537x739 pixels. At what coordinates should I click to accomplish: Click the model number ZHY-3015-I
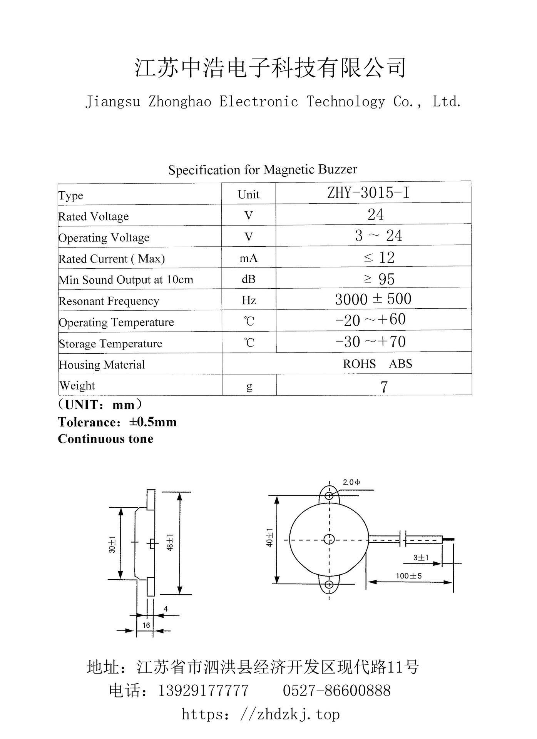click(368, 192)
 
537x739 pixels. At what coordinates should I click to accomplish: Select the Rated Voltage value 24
click(375, 214)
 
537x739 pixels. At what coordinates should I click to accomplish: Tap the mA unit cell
click(248, 258)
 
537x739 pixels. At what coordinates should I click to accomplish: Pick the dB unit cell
click(248, 279)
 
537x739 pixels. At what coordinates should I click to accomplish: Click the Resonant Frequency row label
click(109, 301)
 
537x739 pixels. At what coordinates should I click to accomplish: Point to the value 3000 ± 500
click(373, 299)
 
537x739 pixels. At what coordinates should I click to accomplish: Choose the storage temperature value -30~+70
click(370, 341)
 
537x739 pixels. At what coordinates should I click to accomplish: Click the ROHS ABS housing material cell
click(377, 364)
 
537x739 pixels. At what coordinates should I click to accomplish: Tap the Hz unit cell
click(249, 300)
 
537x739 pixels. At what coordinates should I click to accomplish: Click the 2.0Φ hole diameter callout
click(351, 482)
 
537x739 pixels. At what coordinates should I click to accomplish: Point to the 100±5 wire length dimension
click(408, 576)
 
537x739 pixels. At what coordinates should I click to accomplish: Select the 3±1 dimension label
click(421, 557)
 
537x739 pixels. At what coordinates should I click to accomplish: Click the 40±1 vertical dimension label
click(270, 537)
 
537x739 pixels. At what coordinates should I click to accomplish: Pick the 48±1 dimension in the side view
click(170, 542)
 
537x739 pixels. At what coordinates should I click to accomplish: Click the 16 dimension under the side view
click(146, 625)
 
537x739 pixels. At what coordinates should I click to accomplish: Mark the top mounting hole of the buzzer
click(329, 495)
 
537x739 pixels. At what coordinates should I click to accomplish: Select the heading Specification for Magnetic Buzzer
click(263, 170)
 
